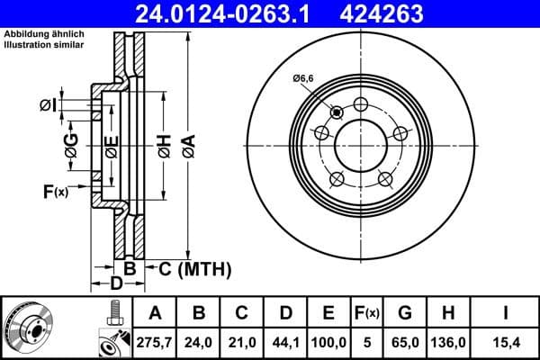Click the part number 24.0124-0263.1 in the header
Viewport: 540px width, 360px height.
[229, 13]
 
